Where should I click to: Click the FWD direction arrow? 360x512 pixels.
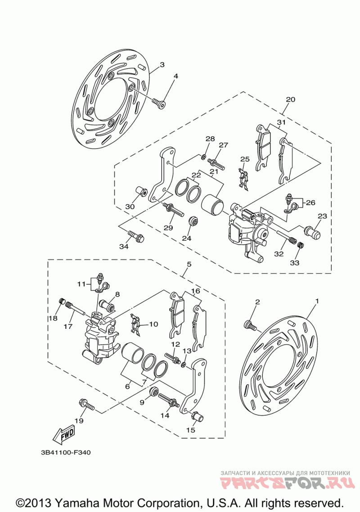coord(64,435)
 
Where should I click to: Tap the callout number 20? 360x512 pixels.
coord(290,99)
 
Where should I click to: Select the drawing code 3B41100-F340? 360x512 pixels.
coord(66,453)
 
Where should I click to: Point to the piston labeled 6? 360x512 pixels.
coord(132,353)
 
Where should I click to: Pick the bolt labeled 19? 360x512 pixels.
coord(86,404)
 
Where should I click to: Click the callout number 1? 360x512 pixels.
coord(316,301)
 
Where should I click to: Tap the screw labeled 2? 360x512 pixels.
coord(250,325)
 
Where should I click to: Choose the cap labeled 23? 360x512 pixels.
coord(313,232)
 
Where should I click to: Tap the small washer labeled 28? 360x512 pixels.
coord(203,157)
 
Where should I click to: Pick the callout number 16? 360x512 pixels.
coord(196,291)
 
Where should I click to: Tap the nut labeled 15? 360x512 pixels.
coord(197,416)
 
